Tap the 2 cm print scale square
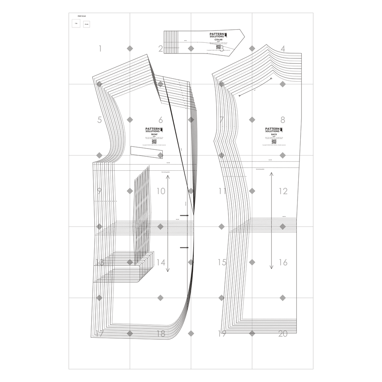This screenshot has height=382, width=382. pyautogui.click(x=87, y=24)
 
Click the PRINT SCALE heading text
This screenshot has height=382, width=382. pyautogui.click(x=82, y=16)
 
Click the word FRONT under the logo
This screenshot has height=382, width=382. pyautogui.click(x=154, y=135)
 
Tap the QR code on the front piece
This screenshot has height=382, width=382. pyautogui.click(x=154, y=141)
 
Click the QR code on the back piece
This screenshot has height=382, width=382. pyautogui.click(x=274, y=141)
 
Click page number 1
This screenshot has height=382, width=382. pyautogui.click(x=100, y=49)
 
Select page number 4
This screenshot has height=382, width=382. pyautogui.click(x=283, y=49)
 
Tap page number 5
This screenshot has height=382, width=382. pyautogui.click(x=99, y=120)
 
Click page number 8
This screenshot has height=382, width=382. pyautogui.click(x=283, y=120)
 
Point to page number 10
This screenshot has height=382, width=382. pyautogui.click(x=161, y=191)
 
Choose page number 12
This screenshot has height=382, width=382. pyautogui.click(x=283, y=191)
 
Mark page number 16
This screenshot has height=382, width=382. pyautogui.click(x=283, y=262)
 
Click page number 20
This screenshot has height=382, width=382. pyautogui.click(x=283, y=333)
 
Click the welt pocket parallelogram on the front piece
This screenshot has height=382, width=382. pyautogui.click(x=147, y=152)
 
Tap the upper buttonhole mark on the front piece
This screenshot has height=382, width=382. pyautogui.click(x=185, y=215)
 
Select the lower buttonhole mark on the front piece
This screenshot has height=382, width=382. pyautogui.click(x=185, y=248)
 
